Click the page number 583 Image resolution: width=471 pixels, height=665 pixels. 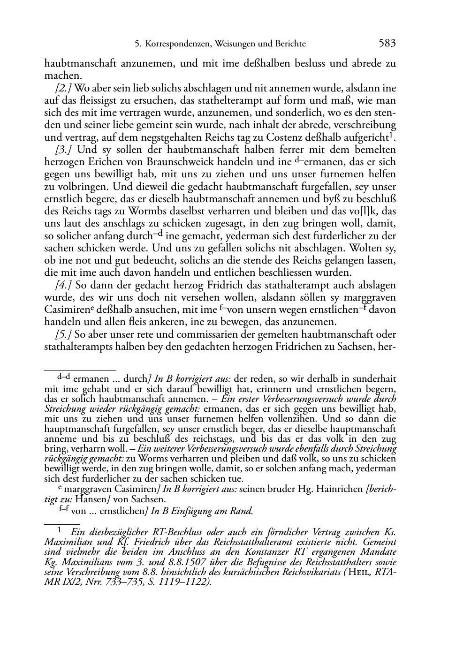[x=387, y=44]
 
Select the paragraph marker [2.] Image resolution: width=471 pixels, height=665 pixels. [x=64, y=88]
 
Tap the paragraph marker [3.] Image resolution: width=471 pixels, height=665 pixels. [x=64, y=150]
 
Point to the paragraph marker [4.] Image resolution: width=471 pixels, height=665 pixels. [x=64, y=285]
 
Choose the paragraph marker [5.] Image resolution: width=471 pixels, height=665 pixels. [x=64, y=334]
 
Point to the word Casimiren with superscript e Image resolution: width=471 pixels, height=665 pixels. [x=66, y=310]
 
